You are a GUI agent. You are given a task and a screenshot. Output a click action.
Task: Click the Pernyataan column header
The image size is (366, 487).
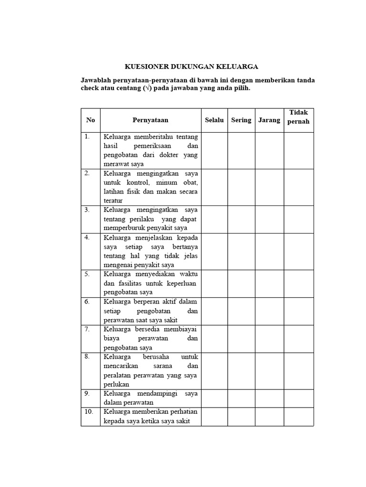[x=150, y=120]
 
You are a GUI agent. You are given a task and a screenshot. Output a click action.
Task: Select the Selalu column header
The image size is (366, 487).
[x=214, y=120]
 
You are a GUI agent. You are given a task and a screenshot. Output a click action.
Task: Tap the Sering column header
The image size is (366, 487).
[x=241, y=120]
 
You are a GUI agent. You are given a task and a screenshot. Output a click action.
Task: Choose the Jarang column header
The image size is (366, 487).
[x=269, y=120]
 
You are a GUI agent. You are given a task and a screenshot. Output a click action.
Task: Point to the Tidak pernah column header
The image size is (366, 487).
[x=299, y=117]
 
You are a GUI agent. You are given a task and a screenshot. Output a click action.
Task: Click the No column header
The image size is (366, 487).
[x=91, y=120]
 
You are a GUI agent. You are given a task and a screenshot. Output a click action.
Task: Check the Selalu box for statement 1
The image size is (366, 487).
[x=214, y=150]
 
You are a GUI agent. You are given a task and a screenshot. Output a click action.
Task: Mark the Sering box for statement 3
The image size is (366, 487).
[x=241, y=219]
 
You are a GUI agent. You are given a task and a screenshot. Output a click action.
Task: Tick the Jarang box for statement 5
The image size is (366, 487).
[x=269, y=284]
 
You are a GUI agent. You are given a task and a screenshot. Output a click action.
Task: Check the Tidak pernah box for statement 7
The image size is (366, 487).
[x=299, y=339]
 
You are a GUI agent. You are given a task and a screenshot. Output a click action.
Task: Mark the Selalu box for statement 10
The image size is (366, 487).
[x=214, y=417]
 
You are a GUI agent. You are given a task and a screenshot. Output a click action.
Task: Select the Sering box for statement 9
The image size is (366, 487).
[x=241, y=398]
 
